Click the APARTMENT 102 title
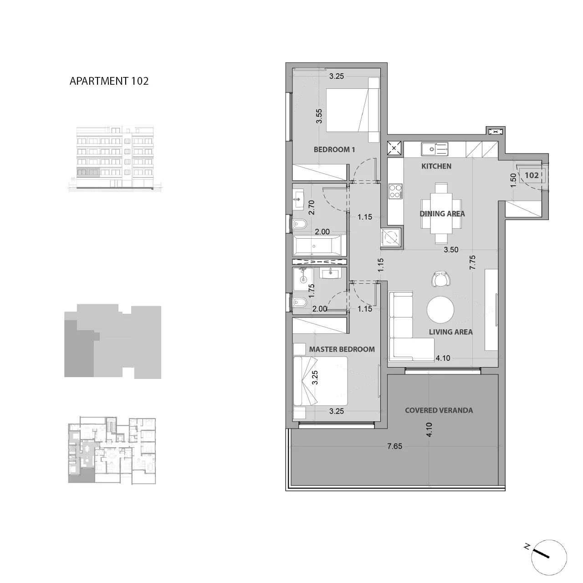(109, 81)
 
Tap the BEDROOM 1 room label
(334, 149)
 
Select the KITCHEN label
(436, 166)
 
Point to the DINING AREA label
(442, 214)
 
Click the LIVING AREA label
(451, 332)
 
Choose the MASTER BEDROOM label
(342, 349)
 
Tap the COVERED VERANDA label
(439, 410)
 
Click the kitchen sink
(435, 149)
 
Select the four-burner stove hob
(396, 191)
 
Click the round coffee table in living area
(440, 310)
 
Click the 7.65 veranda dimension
(395, 446)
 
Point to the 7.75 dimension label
(473, 262)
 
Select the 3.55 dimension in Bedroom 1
(319, 116)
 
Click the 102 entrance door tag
(532, 175)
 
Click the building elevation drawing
(115, 159)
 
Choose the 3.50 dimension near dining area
(451, 250)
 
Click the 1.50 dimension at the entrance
(513, 180)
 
